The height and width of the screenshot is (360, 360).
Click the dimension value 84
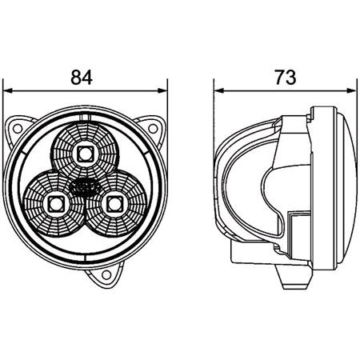82,78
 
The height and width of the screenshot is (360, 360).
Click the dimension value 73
286,78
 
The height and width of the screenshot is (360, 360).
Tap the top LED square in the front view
86,154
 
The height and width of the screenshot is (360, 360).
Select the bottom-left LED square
56,205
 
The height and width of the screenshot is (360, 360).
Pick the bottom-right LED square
115,204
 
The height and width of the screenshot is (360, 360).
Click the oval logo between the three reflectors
84,186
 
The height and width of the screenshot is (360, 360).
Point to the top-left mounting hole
18,129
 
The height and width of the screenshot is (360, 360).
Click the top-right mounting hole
153,129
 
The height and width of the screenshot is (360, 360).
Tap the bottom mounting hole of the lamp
106,274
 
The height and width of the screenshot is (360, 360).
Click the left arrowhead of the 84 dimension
7,90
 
